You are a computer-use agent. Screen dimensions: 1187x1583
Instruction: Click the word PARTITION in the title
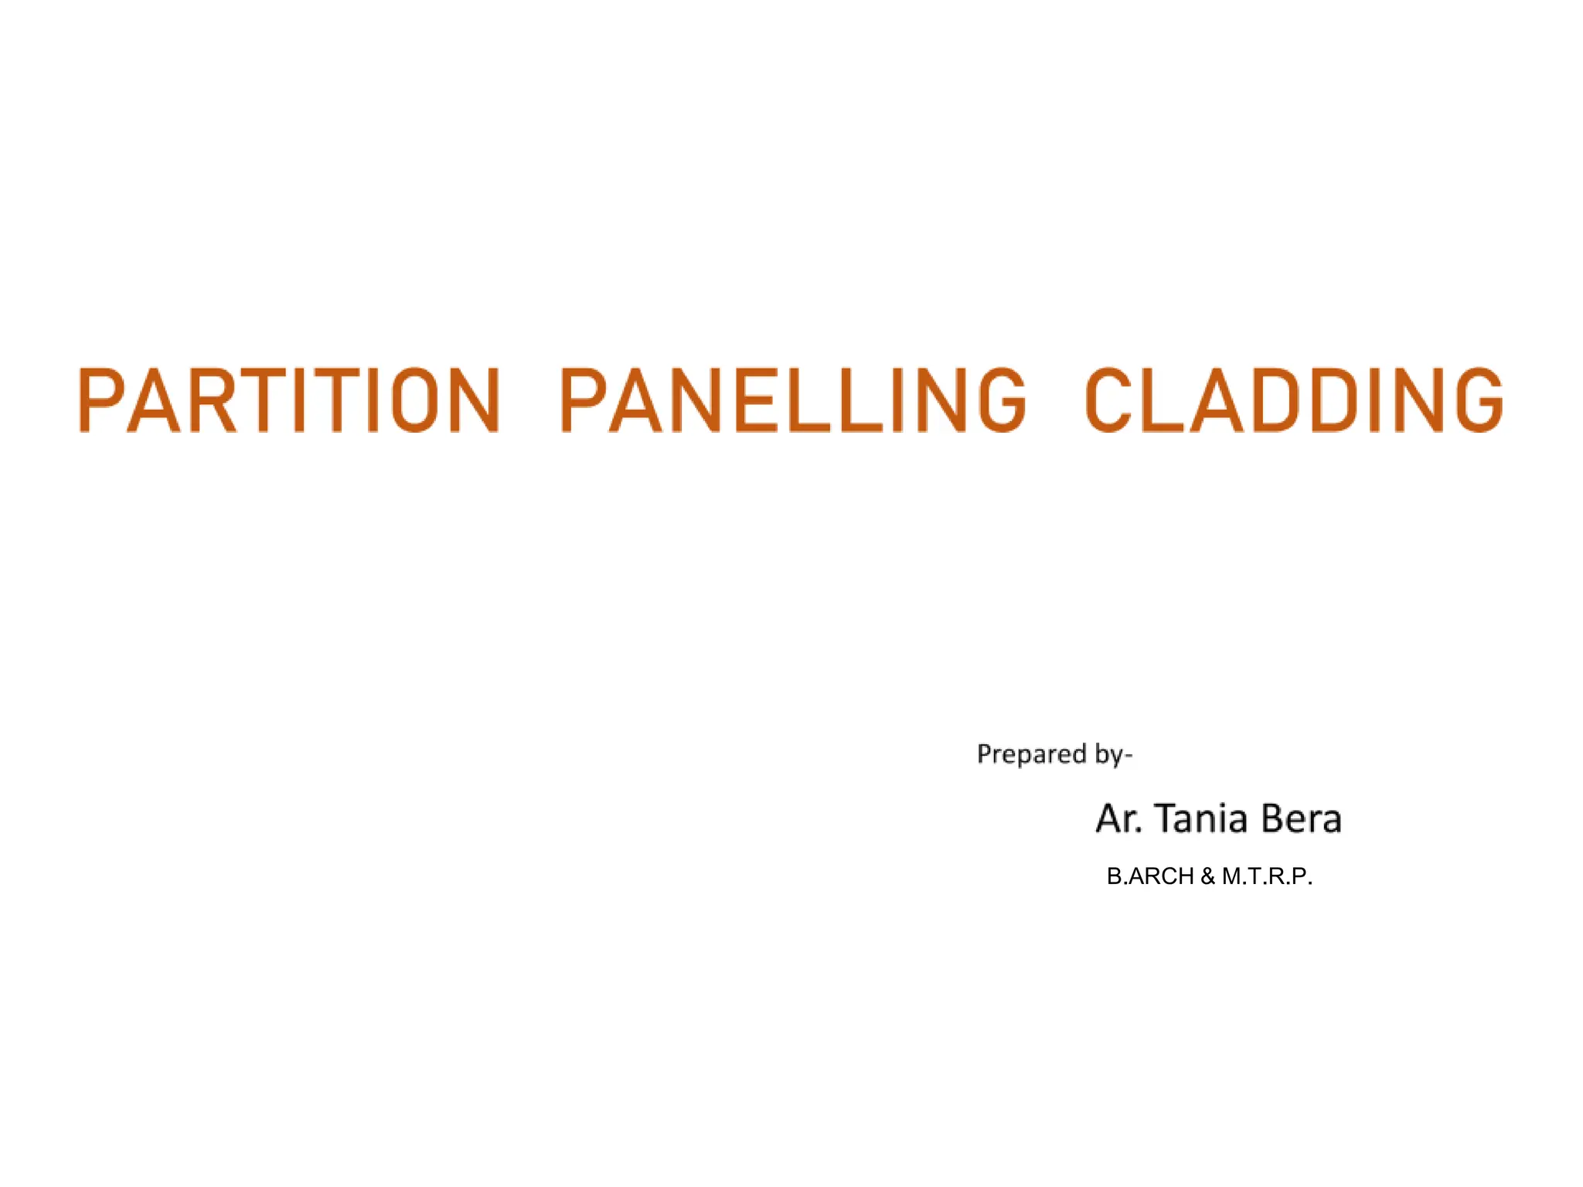pyautogui.click(x=289, y=400)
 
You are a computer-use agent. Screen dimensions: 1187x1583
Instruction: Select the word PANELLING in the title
pyautogui.click(x=793, y=400)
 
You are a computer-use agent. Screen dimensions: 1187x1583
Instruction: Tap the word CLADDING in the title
pyautogui.click(x=1293, y=400)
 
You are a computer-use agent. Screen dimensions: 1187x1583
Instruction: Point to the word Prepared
pyautogui.click(x=1031, y=754)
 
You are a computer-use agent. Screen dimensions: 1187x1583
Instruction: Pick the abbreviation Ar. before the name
pyautogui.click(x=1118, y=818)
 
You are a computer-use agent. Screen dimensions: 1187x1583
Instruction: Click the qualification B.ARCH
pyautogui.click(x=1150, y=876)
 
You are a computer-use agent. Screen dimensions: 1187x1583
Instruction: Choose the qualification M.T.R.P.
pyautogui.click(x=1267, y=876)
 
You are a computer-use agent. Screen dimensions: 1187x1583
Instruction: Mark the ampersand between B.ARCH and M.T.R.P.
pyautogui.click(x=1208, y=876)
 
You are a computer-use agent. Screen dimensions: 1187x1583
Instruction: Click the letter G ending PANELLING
pyautogui.click(x=1002, y=400)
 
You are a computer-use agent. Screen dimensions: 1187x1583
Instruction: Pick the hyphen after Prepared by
pyautogui.click(x=1129, y=755)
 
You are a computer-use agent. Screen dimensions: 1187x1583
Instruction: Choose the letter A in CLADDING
pyautogui.click(x=1217, y=400)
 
